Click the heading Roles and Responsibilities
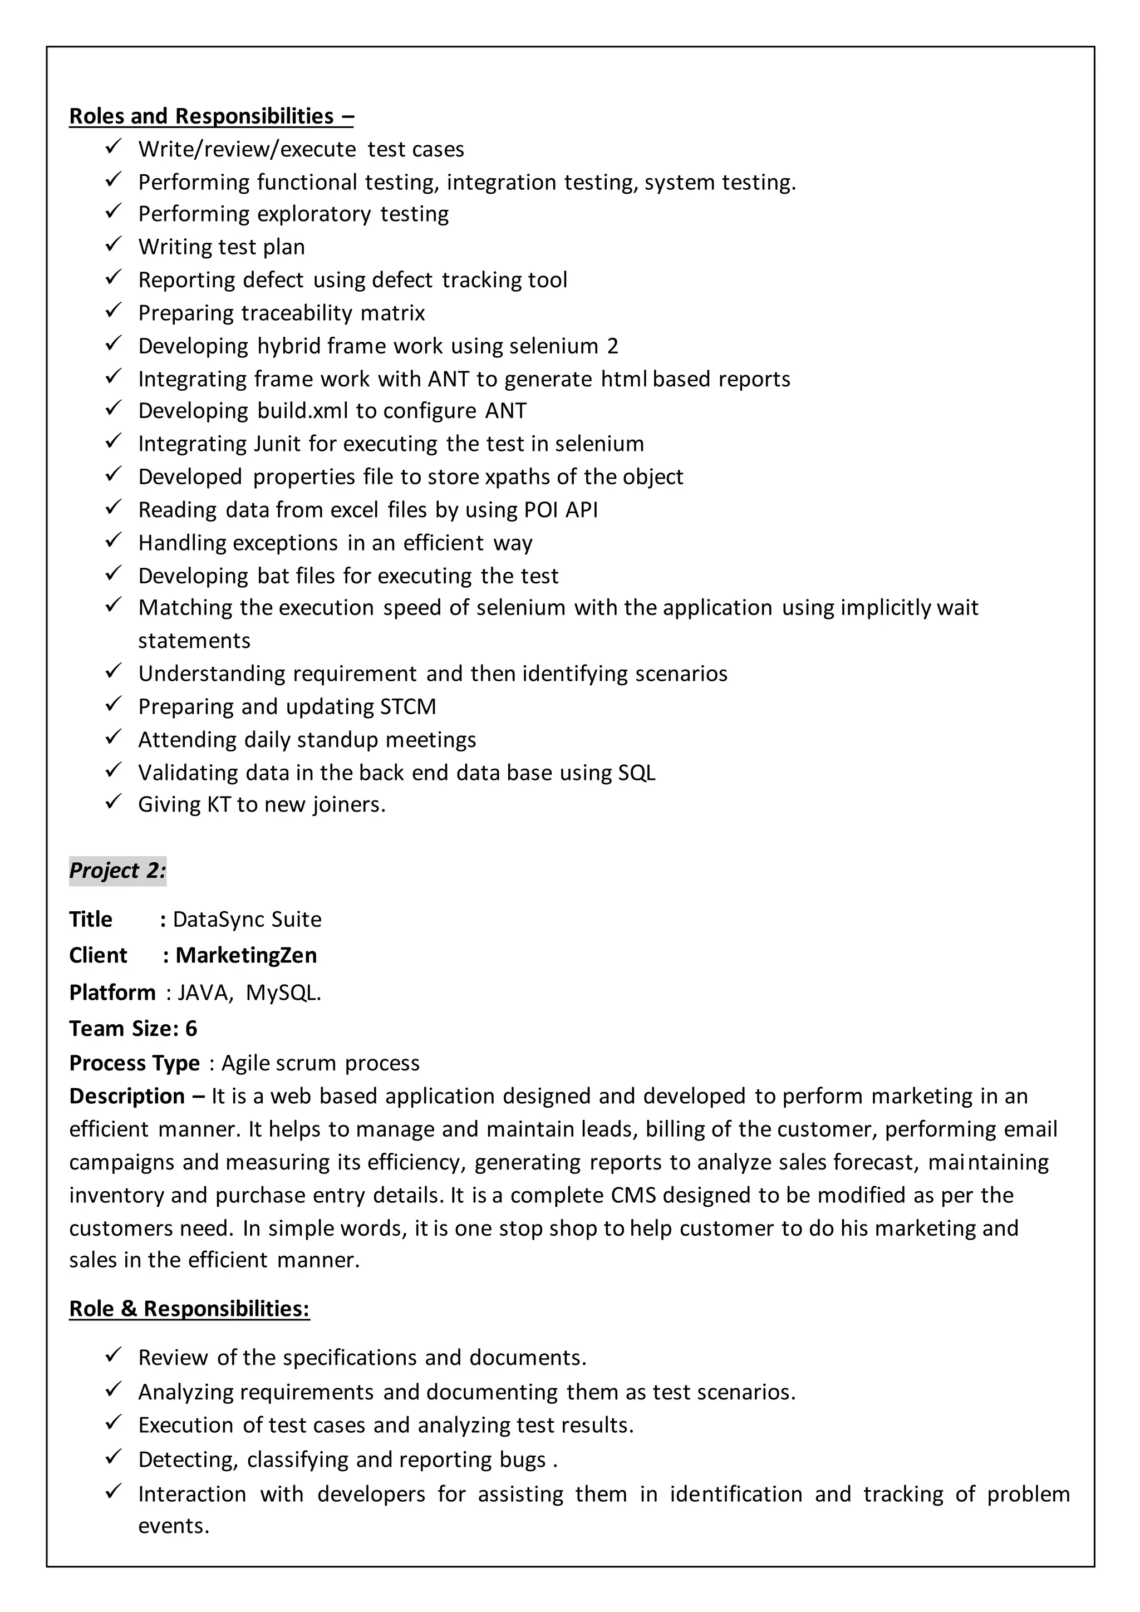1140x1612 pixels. click(210, 116)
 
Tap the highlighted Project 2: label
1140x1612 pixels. click(117, 871)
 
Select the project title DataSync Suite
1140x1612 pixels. click(247, 919)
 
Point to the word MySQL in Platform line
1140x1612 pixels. click(283, 993)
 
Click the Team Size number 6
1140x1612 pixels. click(191, 1029)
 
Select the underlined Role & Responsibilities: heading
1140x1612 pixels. click(189, 1309)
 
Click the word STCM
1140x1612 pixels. click(408, 706)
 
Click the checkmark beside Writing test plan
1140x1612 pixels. click(114, 245)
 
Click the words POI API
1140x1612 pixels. click(561, 510)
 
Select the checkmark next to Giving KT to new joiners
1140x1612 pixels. click(114, 803)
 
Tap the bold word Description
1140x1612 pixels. click(126, 1096)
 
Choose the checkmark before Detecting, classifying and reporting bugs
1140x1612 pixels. click(114, 1458)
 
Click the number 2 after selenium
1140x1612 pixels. click(613, 346)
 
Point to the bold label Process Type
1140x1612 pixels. click(134, 1063)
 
